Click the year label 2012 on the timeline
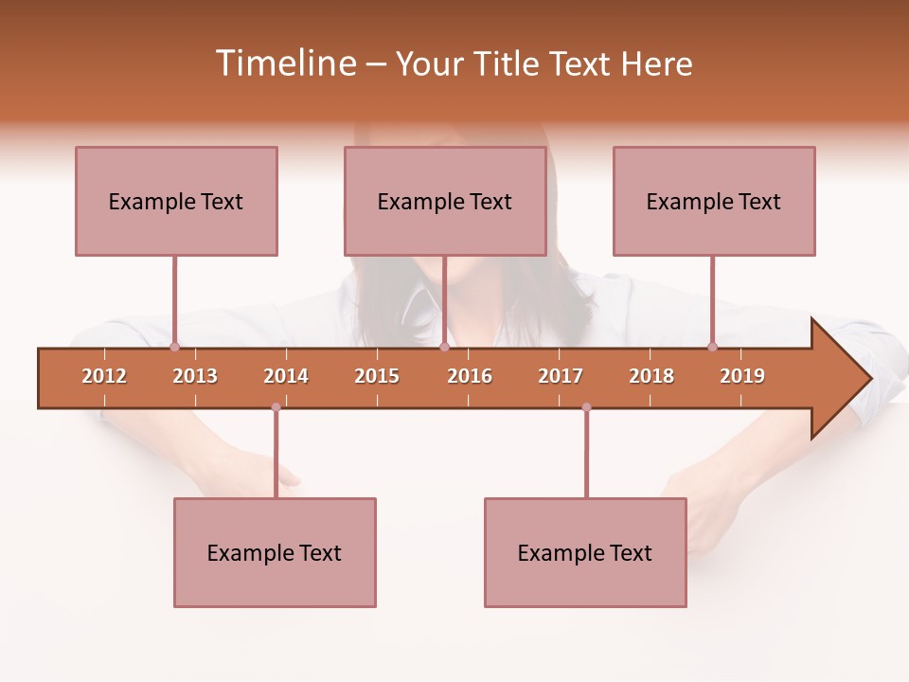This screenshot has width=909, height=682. (x=104, y=376)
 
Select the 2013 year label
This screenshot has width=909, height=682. (x=195, y=376)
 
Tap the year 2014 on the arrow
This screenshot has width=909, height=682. (x=286, y=376)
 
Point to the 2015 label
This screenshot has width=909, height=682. (x=377, y=376)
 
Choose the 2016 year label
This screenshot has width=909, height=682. (x=470, y=376)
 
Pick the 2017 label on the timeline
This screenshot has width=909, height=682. (x=561, y=376)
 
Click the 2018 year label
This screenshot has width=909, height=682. (x=651, y=376)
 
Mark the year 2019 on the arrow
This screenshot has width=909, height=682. (x=742, y=376)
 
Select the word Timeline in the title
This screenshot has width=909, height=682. (x=284, y=63)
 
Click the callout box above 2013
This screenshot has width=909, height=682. (x=176, y=201)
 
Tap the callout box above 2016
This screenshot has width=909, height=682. (x=445, y=201)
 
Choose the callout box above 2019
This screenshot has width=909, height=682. (x=714, y=201)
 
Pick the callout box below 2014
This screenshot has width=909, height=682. (x=275, y=552)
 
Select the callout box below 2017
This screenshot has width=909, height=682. (x=585, y=552)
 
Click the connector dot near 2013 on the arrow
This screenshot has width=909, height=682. (x=174, y=347)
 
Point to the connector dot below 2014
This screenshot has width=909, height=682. (x=276, y=407)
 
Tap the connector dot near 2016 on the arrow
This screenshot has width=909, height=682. (x=444, y=347)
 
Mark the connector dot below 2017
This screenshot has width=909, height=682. (x=586, y=407)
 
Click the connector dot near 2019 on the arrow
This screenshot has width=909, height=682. (x=712, y=347)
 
